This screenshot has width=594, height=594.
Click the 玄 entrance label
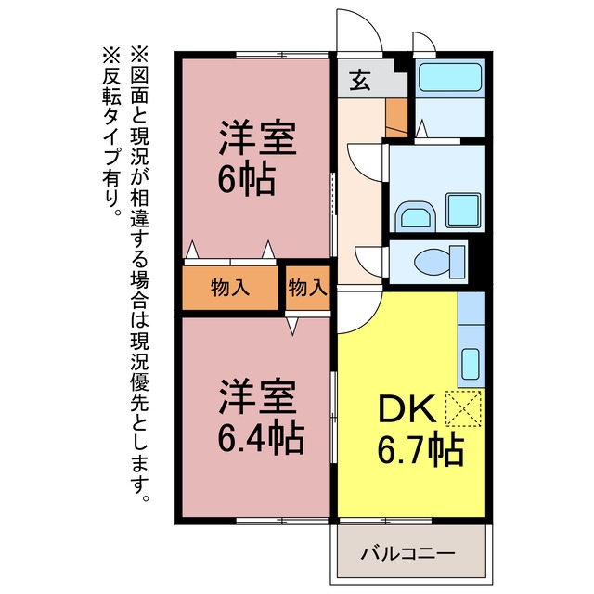click(x=359, y=81)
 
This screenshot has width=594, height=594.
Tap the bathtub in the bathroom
click(x=450, y=78)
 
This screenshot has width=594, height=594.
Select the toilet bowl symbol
click(x=439, y=262)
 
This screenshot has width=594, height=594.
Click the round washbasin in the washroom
click(x=416, y=216)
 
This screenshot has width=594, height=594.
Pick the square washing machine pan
click(x=464, y=211)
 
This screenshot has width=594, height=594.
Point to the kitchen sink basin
click(x=471, y=364)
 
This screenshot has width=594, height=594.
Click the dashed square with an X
click(x=463, y=409)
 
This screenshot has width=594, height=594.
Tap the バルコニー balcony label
click(x=407, y=554)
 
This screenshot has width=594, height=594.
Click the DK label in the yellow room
click(x=407, y=408)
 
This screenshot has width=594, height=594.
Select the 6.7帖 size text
click(x=420, y=450)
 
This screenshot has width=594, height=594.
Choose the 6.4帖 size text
click(x=261, y=438)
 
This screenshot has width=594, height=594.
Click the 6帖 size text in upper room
click(x=246, y=178)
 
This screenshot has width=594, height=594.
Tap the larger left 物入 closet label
click(x=230, y=288)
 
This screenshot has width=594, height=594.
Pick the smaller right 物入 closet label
click(x=307, y=288)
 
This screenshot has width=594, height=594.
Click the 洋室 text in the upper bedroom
click(x=258, y=137)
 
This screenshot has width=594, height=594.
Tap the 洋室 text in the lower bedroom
click(x=258, y=396)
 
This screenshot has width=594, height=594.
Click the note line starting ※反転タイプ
click(x=111, y=132)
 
